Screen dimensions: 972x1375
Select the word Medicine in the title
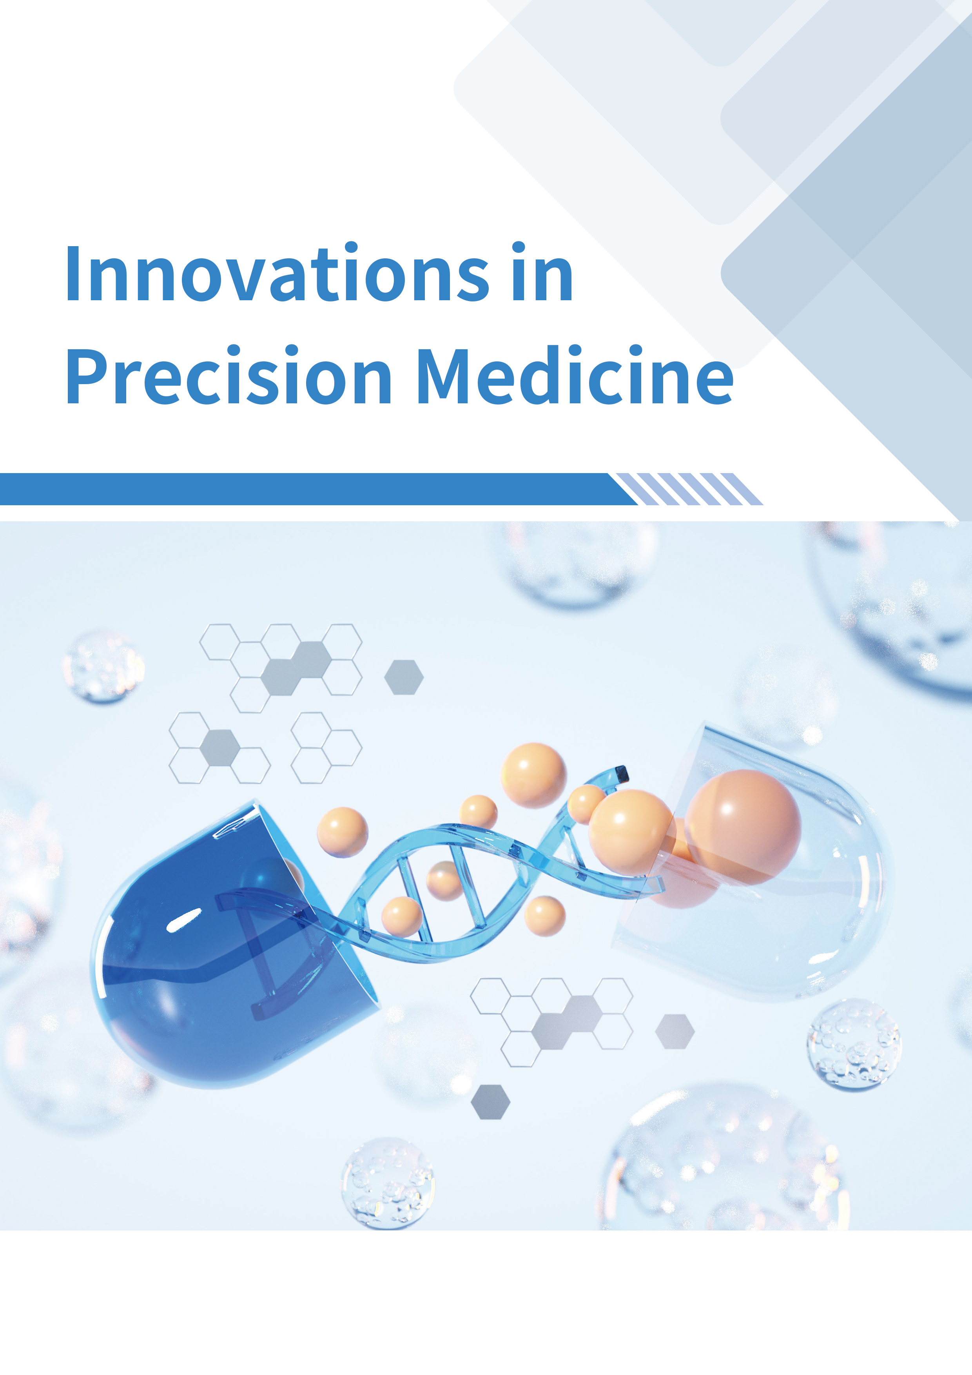tap(575, 375)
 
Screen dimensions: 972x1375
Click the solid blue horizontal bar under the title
tap(317, 489)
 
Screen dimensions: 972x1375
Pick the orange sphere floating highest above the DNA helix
tap(533, 776)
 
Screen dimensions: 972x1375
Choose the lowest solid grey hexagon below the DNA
tap(490, 1102)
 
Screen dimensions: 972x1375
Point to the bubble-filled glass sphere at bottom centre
tap(388, 1183)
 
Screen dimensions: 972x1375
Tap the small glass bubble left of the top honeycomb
tap(103, 665)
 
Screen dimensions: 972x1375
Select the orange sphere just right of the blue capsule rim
tap(343, 833)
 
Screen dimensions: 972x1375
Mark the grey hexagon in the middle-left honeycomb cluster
tap(220, 747)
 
